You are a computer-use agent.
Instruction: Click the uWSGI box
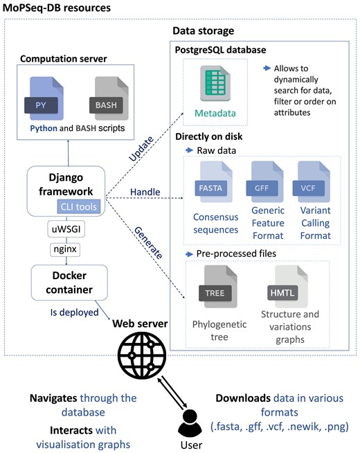(x=65, y=227)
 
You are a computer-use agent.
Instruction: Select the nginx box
(x=65, y=248)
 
